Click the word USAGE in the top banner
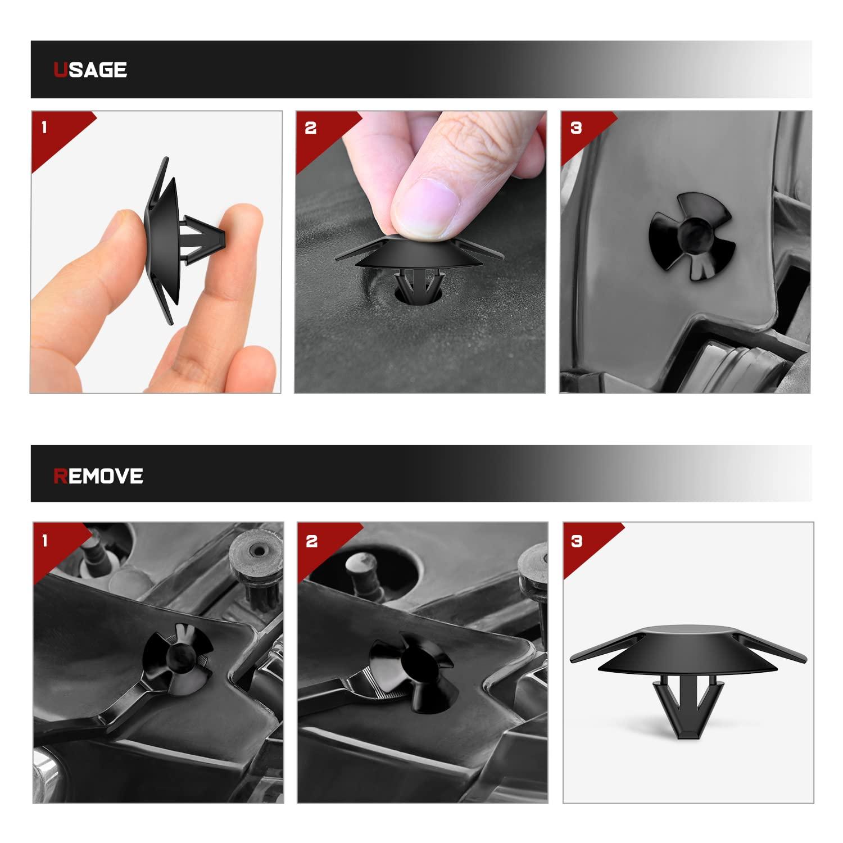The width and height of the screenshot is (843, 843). (x=90, y=70)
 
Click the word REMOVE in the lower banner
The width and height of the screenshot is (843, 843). (x=98, y=476)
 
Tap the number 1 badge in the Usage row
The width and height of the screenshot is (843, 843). (x=44, y=128)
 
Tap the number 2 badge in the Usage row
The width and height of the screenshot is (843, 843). (x=311, y=128)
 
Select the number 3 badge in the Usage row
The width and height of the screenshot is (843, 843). (x=576, y=128)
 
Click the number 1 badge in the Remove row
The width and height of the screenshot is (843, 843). (x=45, y=541)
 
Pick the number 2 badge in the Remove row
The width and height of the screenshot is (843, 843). (x=312, y=541)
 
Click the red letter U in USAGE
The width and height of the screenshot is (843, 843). (x=60, y=70)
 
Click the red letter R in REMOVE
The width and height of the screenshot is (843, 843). (x=60, y=476)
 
